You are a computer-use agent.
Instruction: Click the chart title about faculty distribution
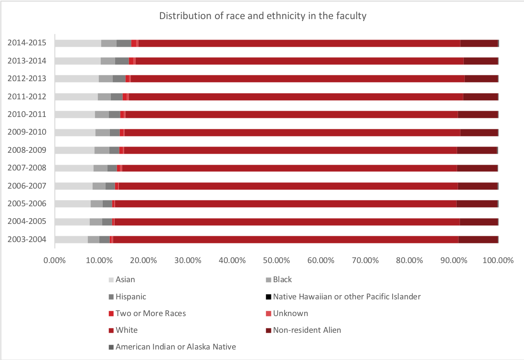(262, 16)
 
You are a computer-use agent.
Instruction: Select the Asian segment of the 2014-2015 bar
(78, 43)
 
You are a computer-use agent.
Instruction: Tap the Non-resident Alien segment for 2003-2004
(478, 239)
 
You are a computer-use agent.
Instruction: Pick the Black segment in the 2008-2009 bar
(102, 150)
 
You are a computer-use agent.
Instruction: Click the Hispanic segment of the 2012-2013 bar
(119, 79)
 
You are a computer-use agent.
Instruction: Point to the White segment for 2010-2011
(291, 114)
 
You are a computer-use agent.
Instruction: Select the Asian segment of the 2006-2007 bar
(74, 186)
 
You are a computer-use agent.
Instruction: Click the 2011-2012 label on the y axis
(27, 96)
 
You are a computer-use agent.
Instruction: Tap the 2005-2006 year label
(27, 203)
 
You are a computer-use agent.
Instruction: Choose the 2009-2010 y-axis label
(27, 132)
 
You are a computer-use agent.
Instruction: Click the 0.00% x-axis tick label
(54, 261)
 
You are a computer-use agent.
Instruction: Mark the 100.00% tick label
(498, 261)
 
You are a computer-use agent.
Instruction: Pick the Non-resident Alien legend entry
(307, 330)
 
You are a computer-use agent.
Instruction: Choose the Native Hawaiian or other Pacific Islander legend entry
(346, 296)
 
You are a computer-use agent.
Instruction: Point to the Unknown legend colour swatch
(269, 314)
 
